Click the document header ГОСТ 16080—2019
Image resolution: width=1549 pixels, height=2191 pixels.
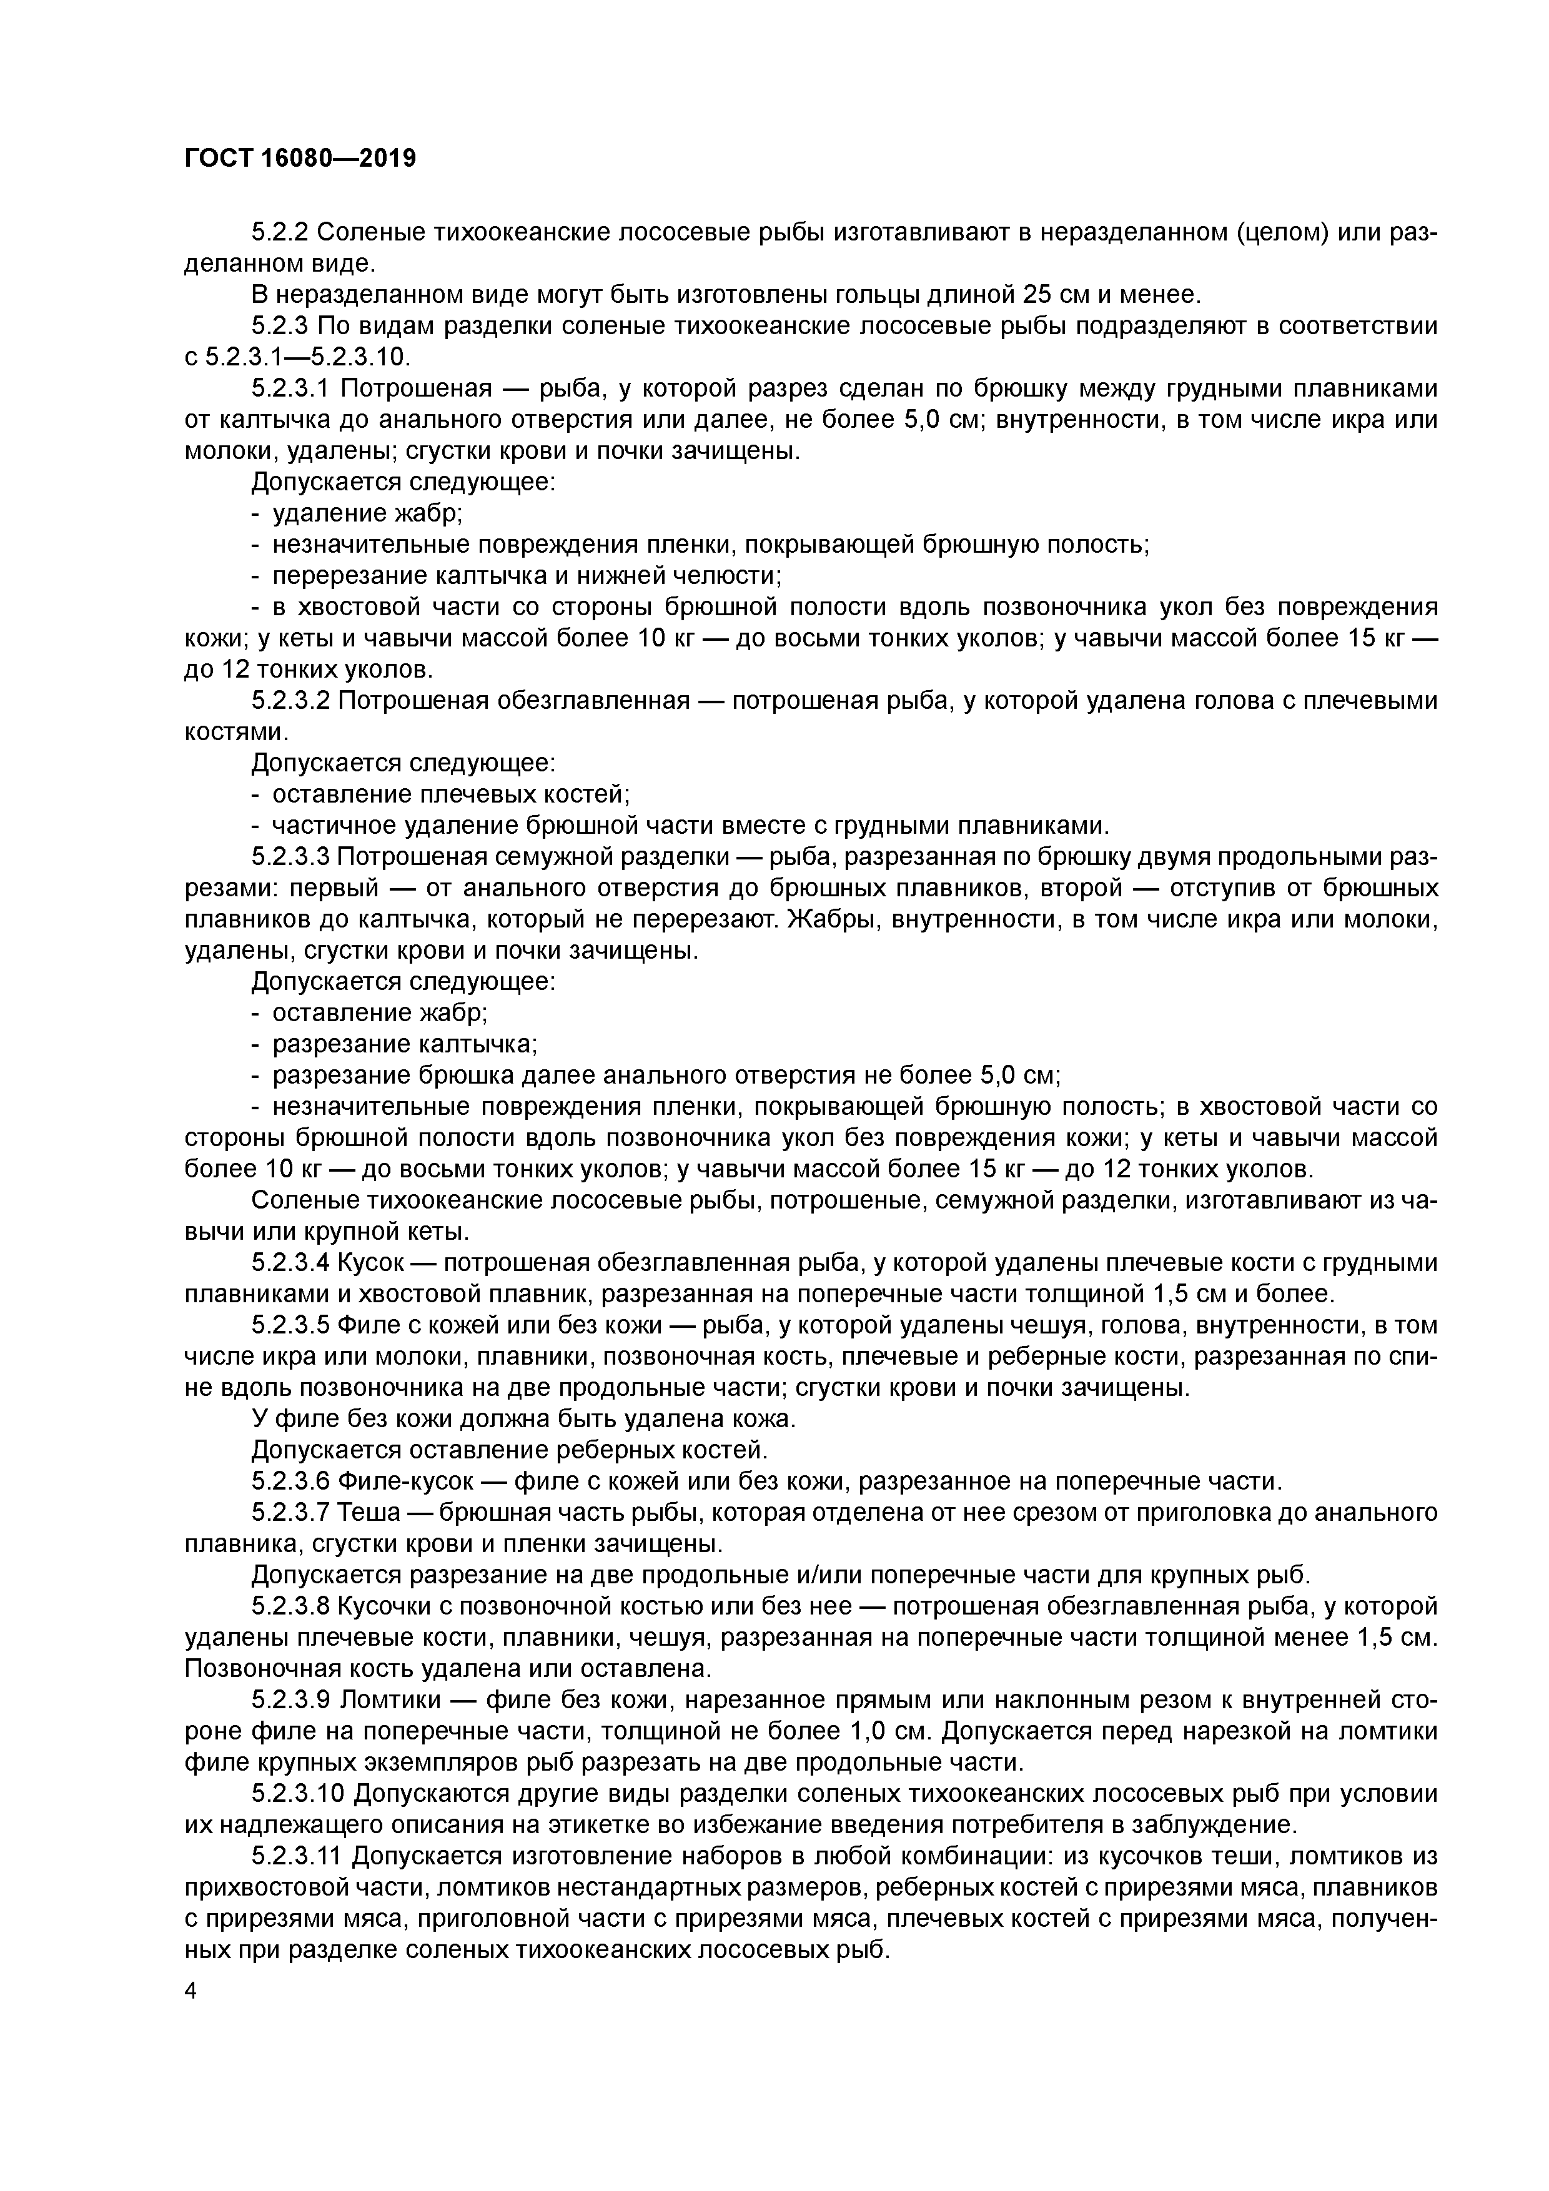(300, 159)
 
